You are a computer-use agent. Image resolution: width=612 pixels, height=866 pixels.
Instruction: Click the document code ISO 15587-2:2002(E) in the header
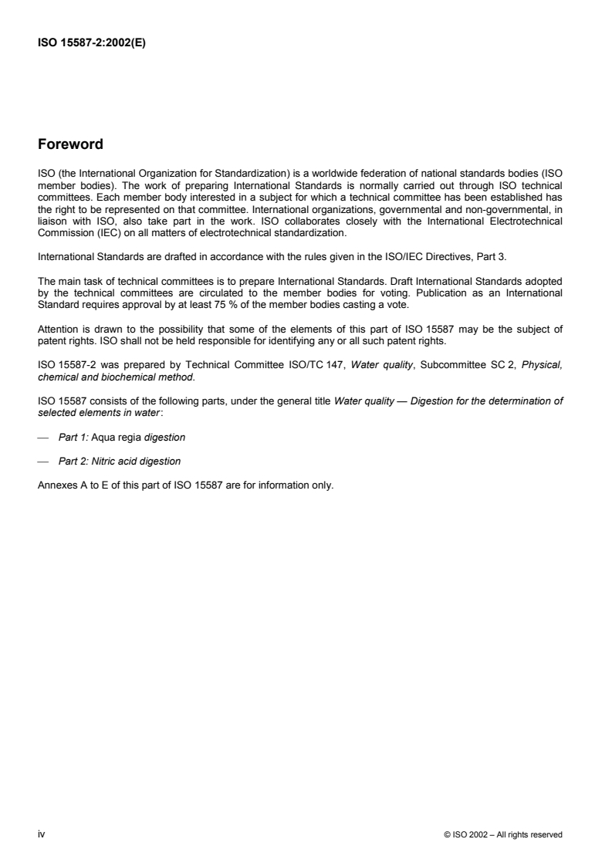click(92, 43)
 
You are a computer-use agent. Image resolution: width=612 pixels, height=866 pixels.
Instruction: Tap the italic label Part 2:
click(74, 462)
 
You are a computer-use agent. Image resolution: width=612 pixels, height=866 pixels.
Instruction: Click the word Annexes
click(56, 485)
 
